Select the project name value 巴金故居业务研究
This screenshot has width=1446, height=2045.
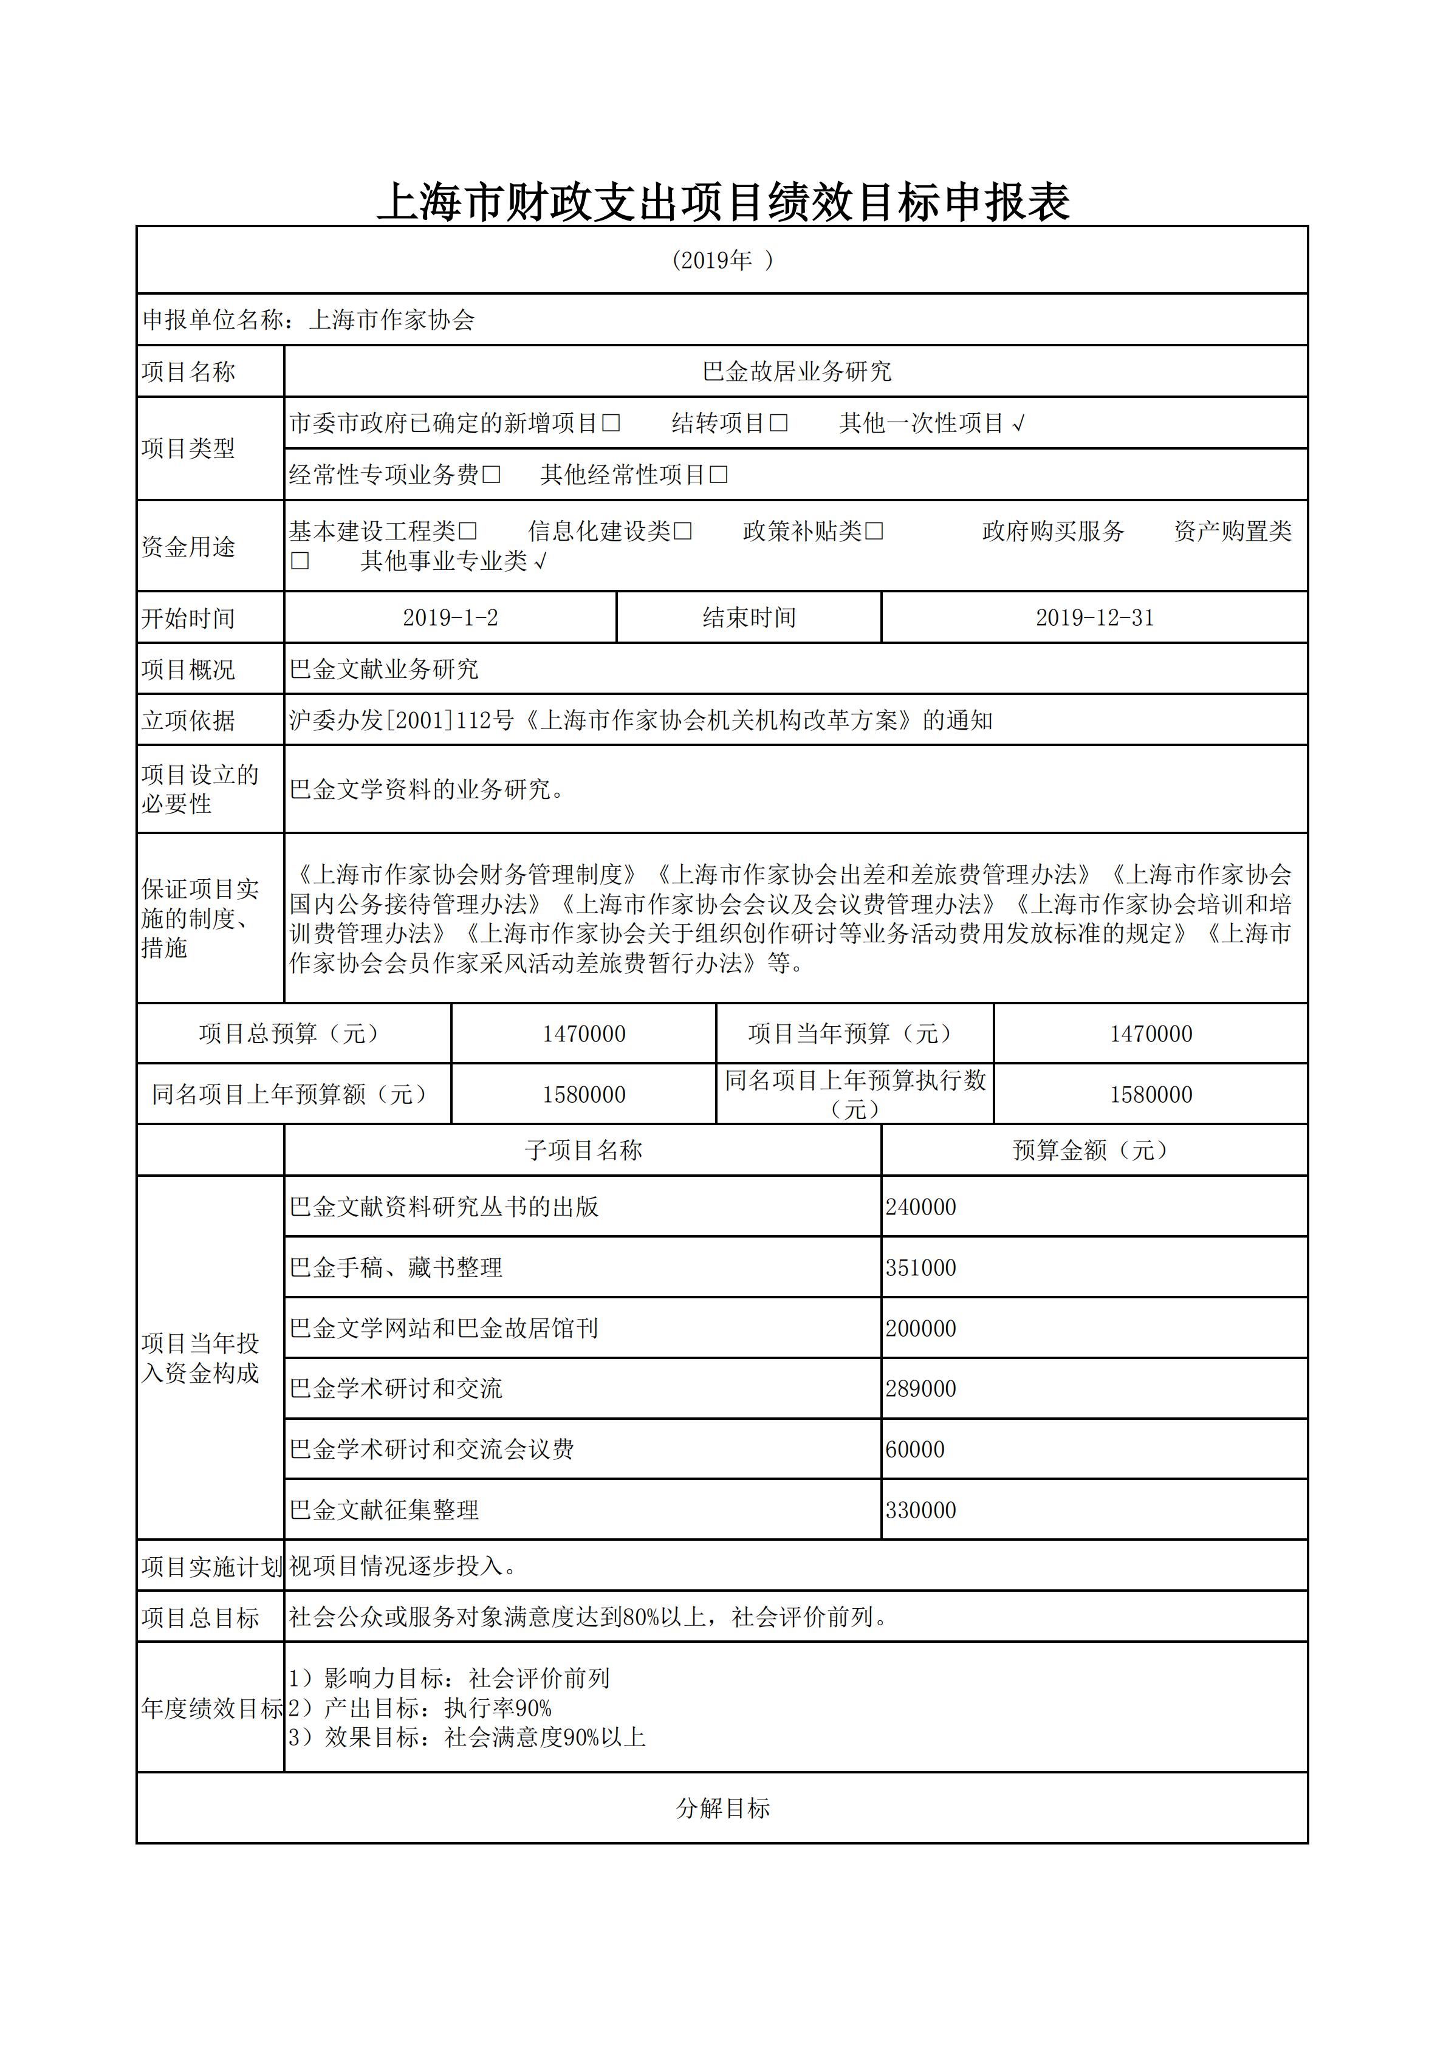click(x=796, y=371)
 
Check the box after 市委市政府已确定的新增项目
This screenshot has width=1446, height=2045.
click(x=611, y=423)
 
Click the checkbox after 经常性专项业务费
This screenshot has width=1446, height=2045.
click(x=491, y=474)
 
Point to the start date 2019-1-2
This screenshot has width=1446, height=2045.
click(x=450, y=617)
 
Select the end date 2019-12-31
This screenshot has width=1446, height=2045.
click(x=1094, y=617)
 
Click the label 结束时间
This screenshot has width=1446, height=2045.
click(x=749, y=617)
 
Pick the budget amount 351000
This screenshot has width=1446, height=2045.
click(x=920, y=1267)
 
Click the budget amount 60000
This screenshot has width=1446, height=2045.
click(x=915, y=1449)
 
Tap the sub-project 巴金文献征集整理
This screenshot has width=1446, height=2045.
click(x=384, y=1510)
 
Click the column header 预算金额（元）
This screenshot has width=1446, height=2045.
click(x=1093, y=1150)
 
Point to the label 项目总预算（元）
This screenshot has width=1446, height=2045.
click(x=293, y=1033)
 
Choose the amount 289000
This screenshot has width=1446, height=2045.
click(x=920, y=1389)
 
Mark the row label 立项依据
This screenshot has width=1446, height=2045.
click(x=188, y=721)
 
